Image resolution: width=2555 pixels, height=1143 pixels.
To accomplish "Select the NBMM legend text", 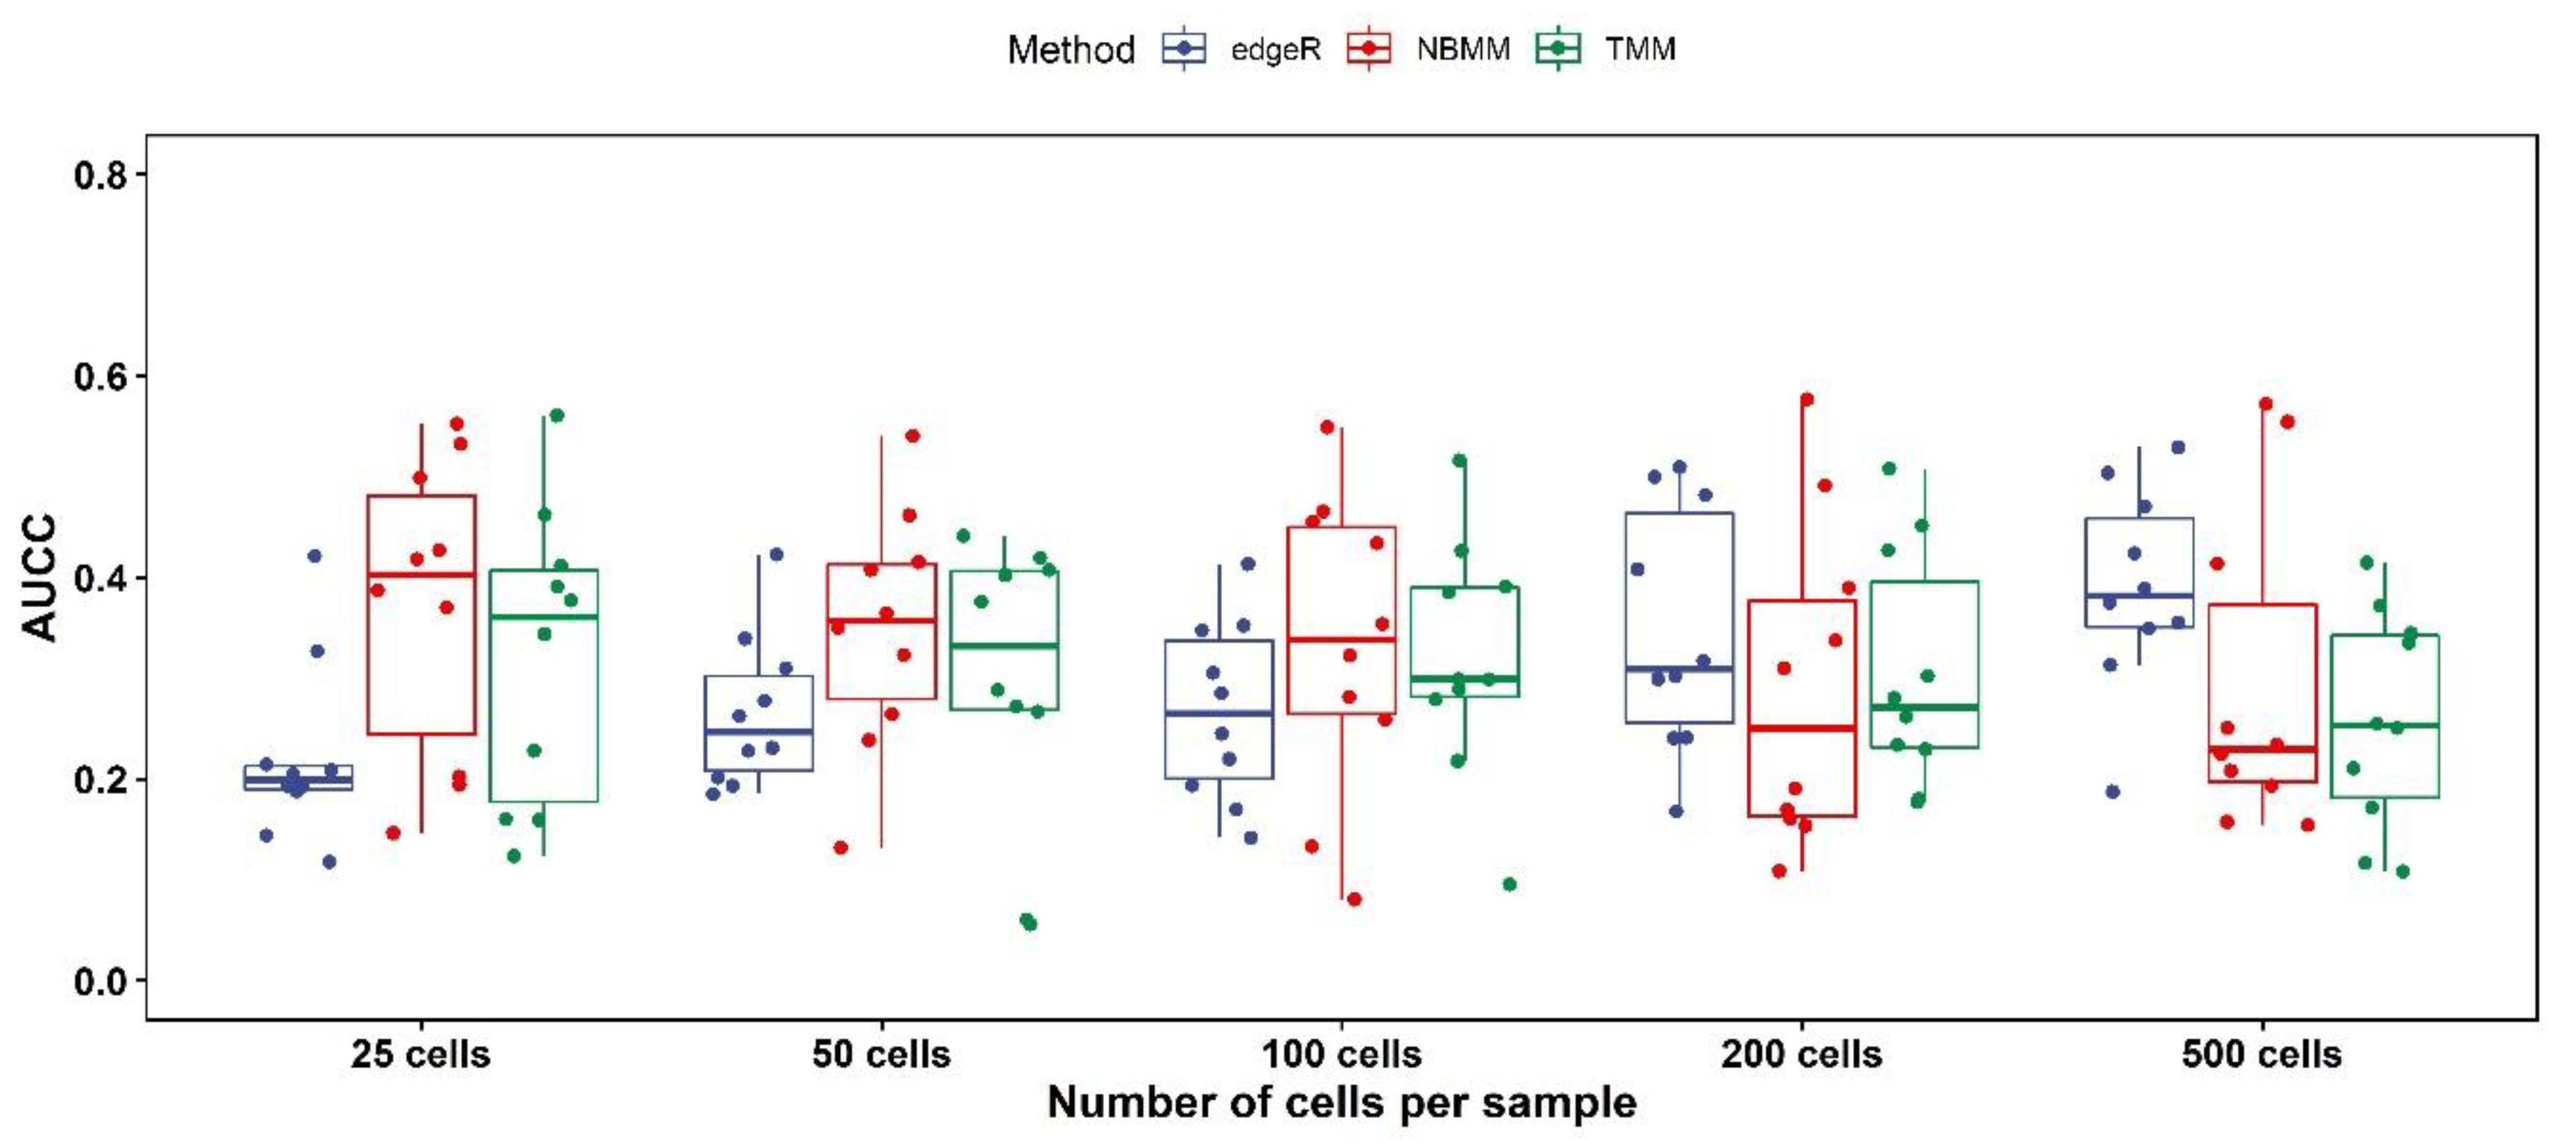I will pyautogui.click(x=1462, y=50).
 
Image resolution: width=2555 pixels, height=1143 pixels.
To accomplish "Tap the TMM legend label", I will pyautogui.click(x=1640, y=50).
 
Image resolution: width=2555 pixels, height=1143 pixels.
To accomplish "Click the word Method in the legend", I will pyautogui.click(x=1070, y=50).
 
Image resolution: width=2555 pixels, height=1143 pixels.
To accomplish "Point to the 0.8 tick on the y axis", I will pyautogui.click(x=101, y=175).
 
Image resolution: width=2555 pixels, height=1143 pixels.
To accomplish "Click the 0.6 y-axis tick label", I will pyautogui.click(x=101, y=377).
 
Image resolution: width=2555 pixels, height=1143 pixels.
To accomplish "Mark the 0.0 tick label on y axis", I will pyautogui.click(x=101, y=982).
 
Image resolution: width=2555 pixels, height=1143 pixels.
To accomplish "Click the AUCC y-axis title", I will pyautogui.click(x=41, y=578).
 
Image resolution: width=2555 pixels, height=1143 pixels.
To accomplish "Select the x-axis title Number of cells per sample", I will pyautogui.click(x=1341, y=1102).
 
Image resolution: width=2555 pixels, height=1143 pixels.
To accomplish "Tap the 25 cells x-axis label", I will pyautogui.click(x=420, y=1054).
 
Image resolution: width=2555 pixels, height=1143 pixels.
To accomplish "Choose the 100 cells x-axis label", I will pyautogui.click(x=1341, y=1054).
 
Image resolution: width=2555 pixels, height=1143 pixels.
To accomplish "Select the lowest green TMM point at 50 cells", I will pyautogui.click(x=1029, y=923).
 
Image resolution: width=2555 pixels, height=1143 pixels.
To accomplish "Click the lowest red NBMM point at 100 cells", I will pyautogui.click(x=1354, y=899).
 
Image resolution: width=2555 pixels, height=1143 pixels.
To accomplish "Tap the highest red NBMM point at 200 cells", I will pyautogui.click(x=1806, y=400).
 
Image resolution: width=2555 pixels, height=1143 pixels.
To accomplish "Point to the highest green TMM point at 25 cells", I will pyautogui.click(x=557, y=415).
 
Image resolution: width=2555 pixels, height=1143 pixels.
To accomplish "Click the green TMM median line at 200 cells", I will pyautogui.click(x=1924, y=706).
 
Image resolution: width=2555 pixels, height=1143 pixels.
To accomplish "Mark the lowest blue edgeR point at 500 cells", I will pyautogui.click(x=2112, y=792).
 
